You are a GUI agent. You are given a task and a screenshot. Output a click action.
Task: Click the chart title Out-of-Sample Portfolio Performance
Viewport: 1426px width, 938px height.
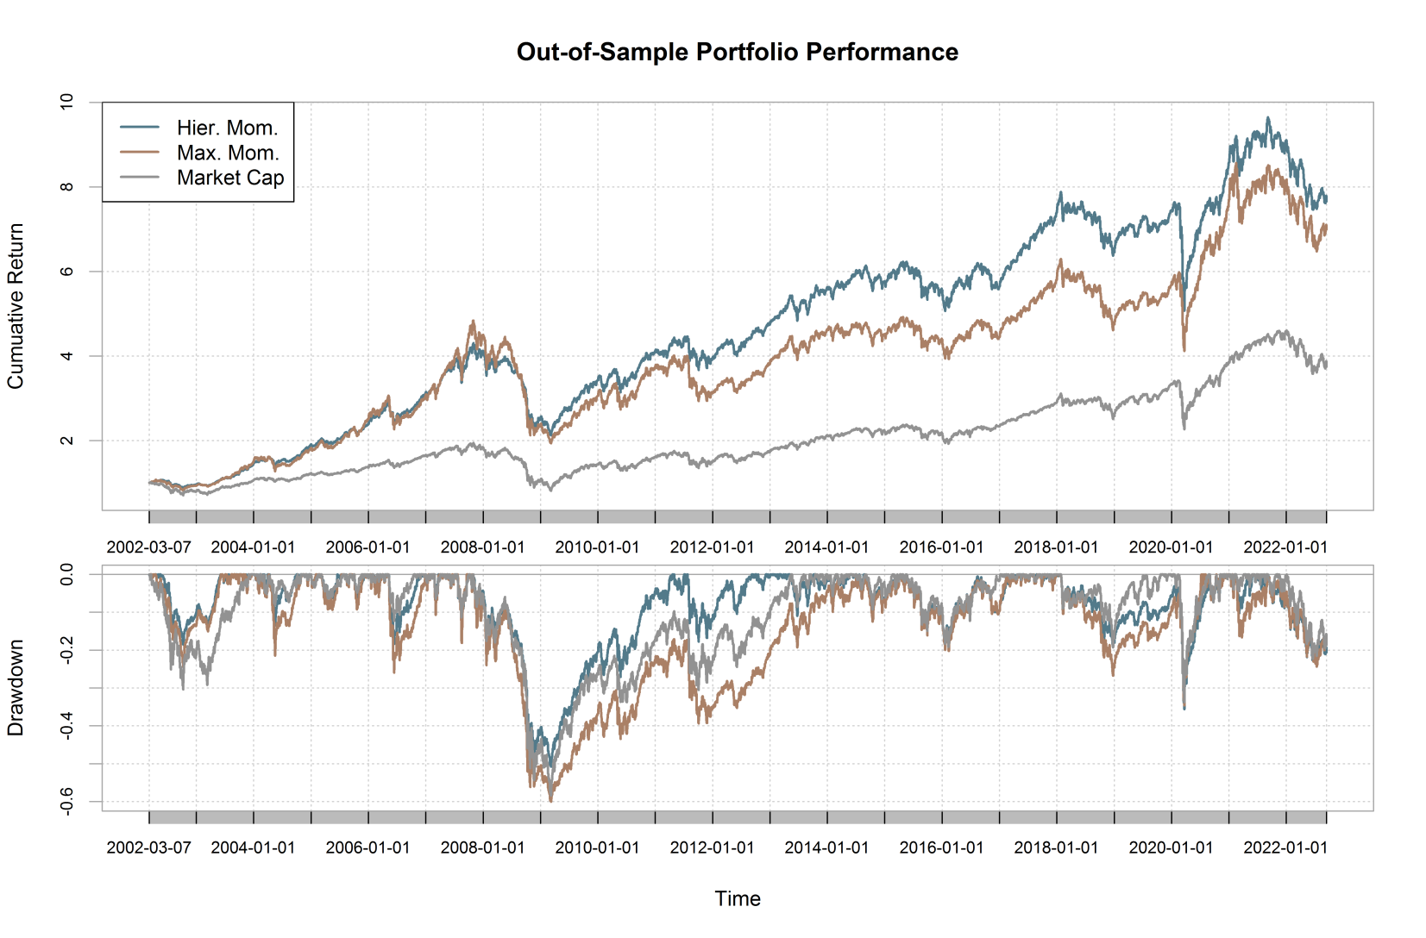(737, 53)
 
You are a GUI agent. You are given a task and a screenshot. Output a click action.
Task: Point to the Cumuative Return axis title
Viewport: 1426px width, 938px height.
(16, 306)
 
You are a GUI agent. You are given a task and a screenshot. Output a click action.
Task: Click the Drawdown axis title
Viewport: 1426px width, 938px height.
(16, 688)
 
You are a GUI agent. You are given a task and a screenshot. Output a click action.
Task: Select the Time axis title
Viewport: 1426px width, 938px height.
(738, 899)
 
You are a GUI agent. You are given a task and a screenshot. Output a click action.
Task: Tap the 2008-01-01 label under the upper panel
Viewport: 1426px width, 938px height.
(482, 547)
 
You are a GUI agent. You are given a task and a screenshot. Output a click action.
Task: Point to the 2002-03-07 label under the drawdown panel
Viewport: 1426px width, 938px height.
(148, 847)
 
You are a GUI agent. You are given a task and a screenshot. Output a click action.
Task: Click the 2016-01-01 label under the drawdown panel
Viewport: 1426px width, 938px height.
(941, 847)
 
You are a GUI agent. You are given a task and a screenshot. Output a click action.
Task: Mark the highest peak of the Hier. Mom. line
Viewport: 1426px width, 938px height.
(1267, 118)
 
